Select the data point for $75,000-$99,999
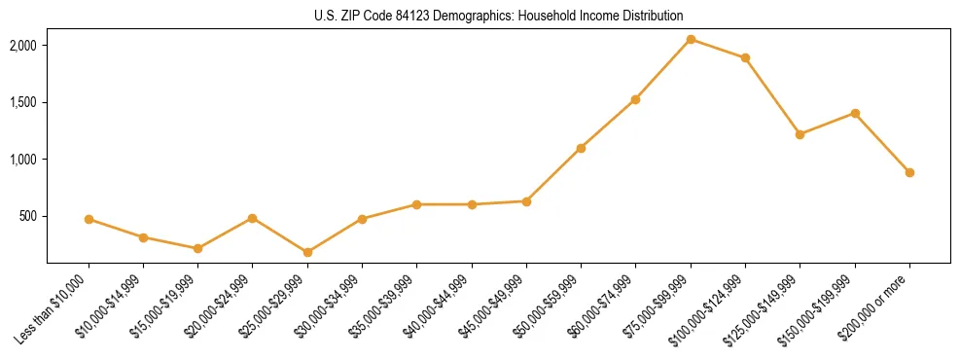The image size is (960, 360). tap(691, 39)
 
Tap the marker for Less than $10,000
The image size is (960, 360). tap(89, 219)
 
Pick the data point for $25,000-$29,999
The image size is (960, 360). tap(307, 252)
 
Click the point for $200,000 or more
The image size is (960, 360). tap(909, 172)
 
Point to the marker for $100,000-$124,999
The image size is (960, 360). tap(745, 57)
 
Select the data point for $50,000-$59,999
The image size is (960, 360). tap(581, 148)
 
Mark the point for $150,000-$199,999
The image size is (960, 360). tap(855, 113)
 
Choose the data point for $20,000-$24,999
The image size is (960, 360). tap(253, 218)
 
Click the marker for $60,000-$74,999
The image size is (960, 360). tap(635, 99)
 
